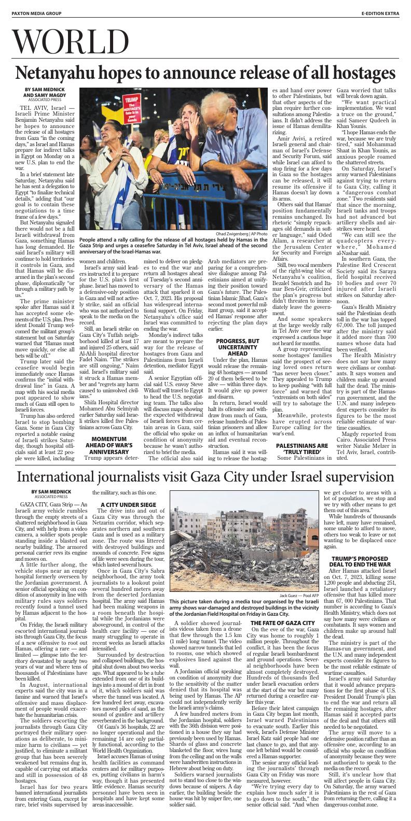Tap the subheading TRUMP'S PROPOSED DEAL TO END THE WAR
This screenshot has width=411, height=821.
point(360,561)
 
